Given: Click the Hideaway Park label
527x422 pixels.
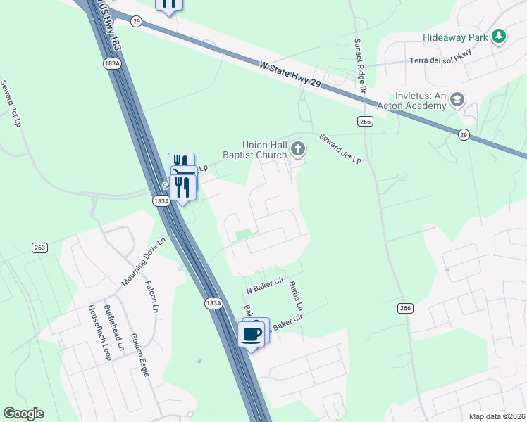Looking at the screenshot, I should [x=456, y=37].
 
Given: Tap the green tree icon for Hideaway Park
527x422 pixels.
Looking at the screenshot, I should [x=499, y=36].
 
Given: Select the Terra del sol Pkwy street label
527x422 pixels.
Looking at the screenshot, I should [x=440, y=60].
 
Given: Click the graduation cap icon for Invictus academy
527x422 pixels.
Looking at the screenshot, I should [x=457, y=100].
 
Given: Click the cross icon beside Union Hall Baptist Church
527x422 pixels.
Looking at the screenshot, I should [x=298, y=149].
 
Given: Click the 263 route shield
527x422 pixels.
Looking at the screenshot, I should [x=39, y=248].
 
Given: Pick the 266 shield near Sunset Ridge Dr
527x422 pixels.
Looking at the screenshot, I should [x=364, y=121].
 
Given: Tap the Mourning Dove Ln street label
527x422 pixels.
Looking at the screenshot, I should [x=143, y=262].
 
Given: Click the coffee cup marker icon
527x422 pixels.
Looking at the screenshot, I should [x=252, y=333].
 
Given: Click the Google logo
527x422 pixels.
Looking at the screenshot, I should [x=23, y=414].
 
